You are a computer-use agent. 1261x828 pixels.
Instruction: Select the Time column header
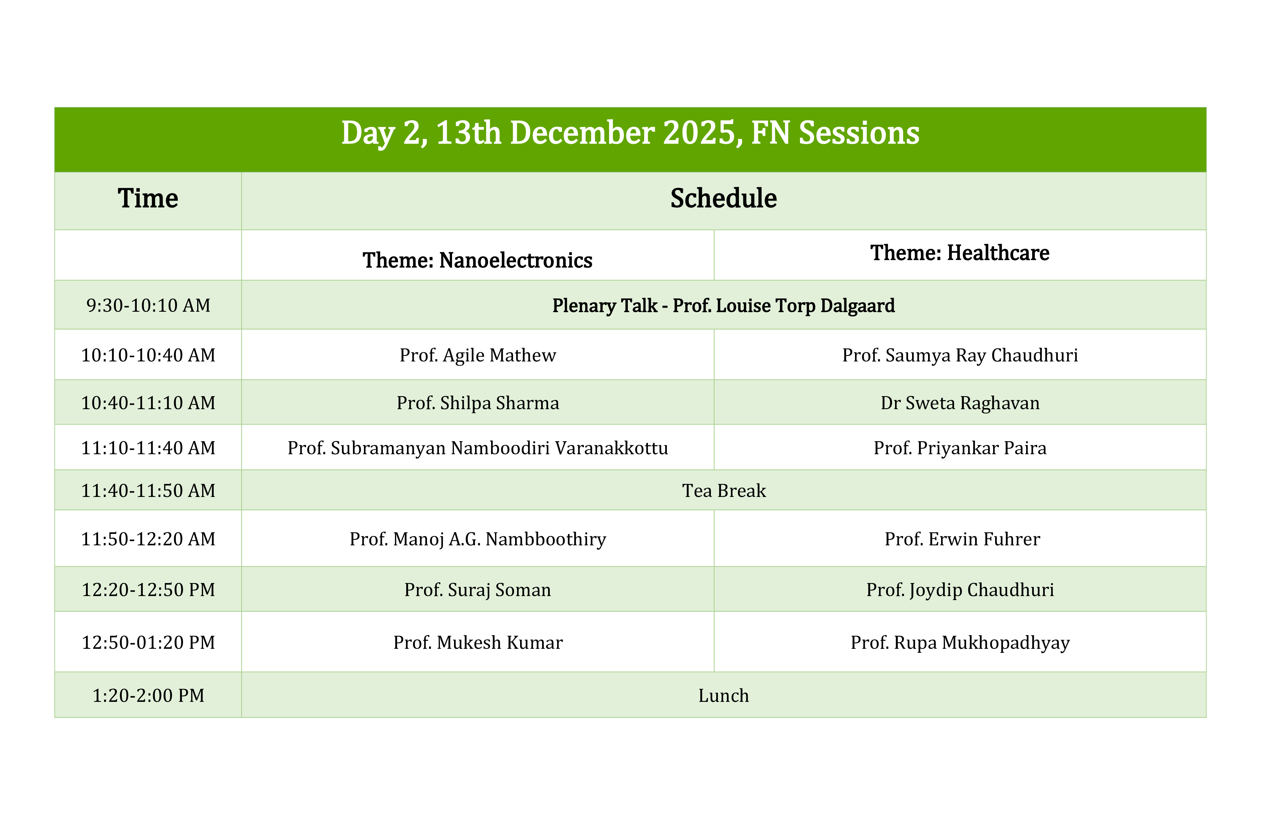pyautogui.click(x=148, y=198)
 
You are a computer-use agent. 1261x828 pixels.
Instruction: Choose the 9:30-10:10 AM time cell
pyautogui.click(x=148, y=305)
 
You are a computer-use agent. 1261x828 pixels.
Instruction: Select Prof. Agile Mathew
pyautogui.click(x=477, y=355)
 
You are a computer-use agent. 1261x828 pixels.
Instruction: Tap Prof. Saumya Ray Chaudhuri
pyautogui.click(x=960, y=355)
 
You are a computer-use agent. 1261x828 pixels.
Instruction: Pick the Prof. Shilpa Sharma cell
pyautogui.click(x=477, y=403)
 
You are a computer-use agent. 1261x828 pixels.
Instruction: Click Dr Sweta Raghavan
pyautogui.click(x=960, y=403)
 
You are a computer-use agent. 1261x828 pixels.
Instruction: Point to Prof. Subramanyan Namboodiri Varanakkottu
pyautogui.click(x=477, y=448)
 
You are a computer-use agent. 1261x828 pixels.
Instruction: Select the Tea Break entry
pyautogui.click(x=724, y=490)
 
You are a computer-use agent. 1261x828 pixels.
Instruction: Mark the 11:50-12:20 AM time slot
pyautogui.click(x=148, y=539)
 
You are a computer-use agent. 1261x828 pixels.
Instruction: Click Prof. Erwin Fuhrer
pyautogui.click(x=962, y=539)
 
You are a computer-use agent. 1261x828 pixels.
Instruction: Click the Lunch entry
pyautogui.click(x=724, y=696)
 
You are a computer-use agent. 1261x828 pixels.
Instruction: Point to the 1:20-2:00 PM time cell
pyautogui.click(x=148, y=696)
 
